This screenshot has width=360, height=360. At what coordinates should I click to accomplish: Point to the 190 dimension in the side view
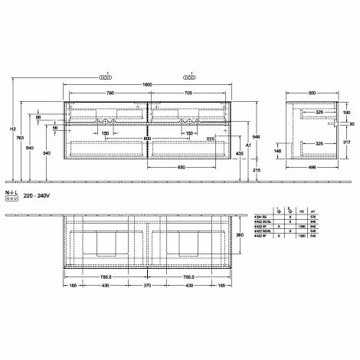tap(347, 113)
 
